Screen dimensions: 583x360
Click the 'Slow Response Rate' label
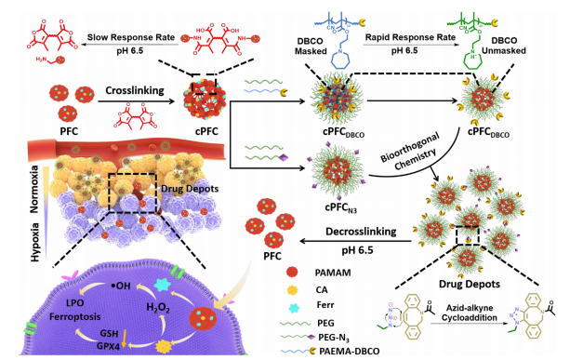pyautogui.click(x=131, y=37)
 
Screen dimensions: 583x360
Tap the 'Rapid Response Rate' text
pyautogui.click(x=410, y=37)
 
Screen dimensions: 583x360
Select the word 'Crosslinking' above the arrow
pyautogui.click(x=135, y=91)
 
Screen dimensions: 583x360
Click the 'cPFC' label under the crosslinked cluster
pyautogui.click(x=206, y=131)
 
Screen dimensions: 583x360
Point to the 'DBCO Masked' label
pyautogui.click(x=311, y=47)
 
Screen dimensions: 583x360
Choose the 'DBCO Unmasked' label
pyautogui.click(x=504, y=46)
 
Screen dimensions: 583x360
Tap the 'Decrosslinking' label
pyautogui.click(x=361, y=232)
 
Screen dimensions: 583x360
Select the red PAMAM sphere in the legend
pyautogui.click(x=293, y=273)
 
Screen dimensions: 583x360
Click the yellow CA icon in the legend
pyautogui.click(x=292, y=290)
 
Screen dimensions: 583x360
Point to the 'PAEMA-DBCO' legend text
pyautogui.click(x=350, y=351)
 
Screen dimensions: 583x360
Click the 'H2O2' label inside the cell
pyautogui.click(x=158, y=308)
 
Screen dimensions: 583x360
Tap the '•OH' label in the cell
pyautogui.click(x=121, y=286)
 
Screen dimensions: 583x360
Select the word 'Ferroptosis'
pyautogui.click(x=75, y=317)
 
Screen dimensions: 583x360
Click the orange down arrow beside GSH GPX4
pyautogui.click(x=125, y=338)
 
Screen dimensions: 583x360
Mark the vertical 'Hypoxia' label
pyautogui.click(x=35, y=243)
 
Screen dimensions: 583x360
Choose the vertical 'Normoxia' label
pyautogui.click(x=34, y=189)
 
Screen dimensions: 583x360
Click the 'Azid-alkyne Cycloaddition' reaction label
pyautogui.click(x=470, y=313)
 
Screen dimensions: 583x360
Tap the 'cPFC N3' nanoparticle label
pyautogui.click(x=341, y=207)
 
